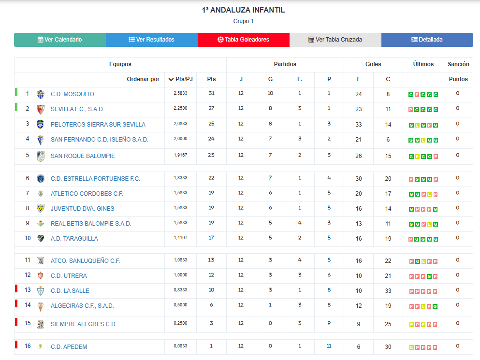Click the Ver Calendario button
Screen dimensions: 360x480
point(60,40)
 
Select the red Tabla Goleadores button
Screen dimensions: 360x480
point(243,40)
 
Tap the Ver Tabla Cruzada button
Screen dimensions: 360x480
point(335,40)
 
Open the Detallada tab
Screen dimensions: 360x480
point(427,40)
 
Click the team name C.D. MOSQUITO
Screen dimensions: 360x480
point(73,94)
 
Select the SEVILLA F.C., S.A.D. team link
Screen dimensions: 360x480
point(77,109)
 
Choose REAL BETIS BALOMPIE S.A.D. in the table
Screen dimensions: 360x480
point(91,224)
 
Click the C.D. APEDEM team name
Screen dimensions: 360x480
point(69,346)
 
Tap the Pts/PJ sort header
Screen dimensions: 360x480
point(180,79)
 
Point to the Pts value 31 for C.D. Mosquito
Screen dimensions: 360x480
point(211,94)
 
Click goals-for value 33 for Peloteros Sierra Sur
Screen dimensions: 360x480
point(359,124)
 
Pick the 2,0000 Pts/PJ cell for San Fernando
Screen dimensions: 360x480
point(180,139)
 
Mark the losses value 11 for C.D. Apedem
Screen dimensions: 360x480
point(329,346)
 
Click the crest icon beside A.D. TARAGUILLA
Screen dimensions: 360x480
point(41,238)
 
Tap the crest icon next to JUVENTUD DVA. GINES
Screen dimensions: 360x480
point(41,208)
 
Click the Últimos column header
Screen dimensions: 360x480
point(423,64)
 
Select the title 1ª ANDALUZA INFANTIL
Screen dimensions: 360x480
point(243,10)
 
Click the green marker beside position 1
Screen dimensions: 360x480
point(16,92)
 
